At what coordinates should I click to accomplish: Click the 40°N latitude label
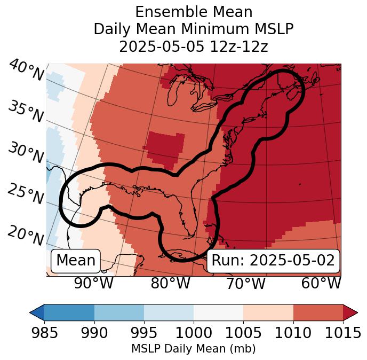(26, 71)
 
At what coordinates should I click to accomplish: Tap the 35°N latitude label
(26, 112)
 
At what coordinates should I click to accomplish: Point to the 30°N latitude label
(26, 153)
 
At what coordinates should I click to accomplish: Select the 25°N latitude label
(26, 194)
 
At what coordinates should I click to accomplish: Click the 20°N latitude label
(26, 236)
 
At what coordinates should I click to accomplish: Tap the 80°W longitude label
(170, 283)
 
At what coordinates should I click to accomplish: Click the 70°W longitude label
(245, 283)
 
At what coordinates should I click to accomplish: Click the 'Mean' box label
(76, 261)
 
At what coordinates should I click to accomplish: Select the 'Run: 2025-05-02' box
(273, 261)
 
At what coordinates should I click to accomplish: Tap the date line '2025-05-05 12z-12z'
(194, 46)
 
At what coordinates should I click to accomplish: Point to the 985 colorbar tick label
(44, 333)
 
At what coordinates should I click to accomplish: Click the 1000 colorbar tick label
(194, 333)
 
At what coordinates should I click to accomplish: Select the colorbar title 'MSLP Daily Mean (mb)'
(194, 349)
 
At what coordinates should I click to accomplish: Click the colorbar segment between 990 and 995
(119, 312)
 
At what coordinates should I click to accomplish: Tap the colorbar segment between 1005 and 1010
(268, 312)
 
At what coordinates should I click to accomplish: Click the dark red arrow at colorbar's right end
(350, 312)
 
